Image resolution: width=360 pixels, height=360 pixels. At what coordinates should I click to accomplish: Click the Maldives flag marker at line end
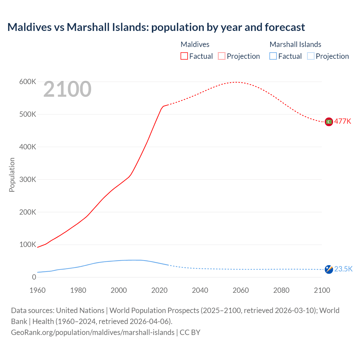pos(329,121)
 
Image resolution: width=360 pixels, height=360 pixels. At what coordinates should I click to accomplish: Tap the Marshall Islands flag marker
pos(329,269)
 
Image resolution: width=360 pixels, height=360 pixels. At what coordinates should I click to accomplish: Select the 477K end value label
pos(343,121)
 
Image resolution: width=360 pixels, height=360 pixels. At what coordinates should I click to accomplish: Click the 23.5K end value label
pos(343,269)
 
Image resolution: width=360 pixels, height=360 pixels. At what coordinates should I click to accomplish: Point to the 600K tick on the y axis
pos(28,82)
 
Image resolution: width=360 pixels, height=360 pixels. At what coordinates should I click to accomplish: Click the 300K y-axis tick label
pos(28,179)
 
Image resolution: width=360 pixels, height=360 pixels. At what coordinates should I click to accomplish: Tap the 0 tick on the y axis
pos(34,277)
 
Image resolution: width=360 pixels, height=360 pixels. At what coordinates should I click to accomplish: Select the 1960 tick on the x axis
pos(37,290)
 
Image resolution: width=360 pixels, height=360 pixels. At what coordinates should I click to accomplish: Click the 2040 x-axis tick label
pos(200,290)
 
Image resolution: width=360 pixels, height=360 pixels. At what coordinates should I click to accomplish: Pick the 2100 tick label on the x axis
pos(322,290)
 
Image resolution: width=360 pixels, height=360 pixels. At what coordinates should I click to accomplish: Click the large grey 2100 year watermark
pos(67,89)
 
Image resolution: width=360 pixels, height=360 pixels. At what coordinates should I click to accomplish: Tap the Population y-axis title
pos(12,175)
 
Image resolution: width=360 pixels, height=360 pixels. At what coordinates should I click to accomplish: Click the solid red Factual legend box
pos(184,56)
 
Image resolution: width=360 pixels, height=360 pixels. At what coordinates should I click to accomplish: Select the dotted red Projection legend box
pos(222,56)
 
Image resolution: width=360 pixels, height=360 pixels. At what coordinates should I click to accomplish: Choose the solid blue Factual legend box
pos(273,56)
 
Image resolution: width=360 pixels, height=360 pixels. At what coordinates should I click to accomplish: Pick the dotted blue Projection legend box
pos(311,56)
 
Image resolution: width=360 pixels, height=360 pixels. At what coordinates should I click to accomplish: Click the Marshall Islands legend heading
pos(295,44)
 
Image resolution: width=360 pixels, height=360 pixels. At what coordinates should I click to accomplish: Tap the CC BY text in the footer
pos(190,332)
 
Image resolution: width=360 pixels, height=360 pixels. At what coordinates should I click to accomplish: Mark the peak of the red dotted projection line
pos(236,82)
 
